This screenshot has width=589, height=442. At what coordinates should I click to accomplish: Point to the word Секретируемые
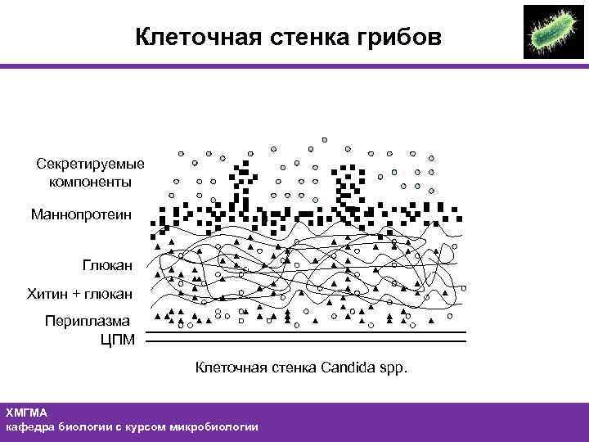(x=90, y=165)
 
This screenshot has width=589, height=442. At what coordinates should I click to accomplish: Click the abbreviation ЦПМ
(x=117, y=339)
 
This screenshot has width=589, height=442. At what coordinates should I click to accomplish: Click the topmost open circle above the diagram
(x=325, y=139)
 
